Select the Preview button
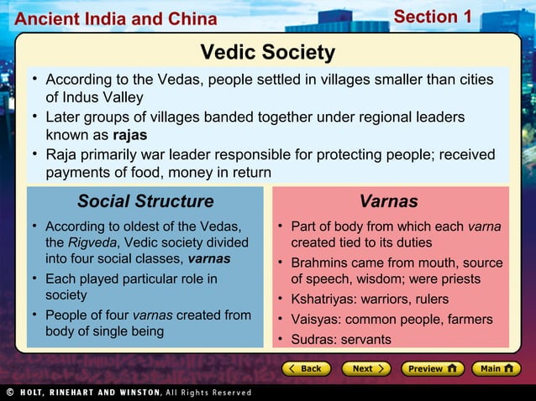[432, 368]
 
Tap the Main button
[496, 368]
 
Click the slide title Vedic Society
[267, 53]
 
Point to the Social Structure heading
[145, 201]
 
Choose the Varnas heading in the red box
[388, 201]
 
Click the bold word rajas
[129, 134]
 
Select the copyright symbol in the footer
[8, 393]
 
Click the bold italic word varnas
[209, 258]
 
